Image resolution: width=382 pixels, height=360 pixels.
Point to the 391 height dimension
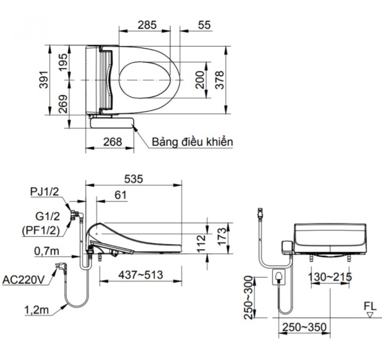[x=42, y=81]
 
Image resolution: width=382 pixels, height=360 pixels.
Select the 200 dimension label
[x=200, y=78]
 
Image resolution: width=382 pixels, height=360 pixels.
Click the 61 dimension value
[x=121, y=195]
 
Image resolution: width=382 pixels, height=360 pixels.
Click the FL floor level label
[x=370, y=307]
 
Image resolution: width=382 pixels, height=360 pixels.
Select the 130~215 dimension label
[x=330, y=277]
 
